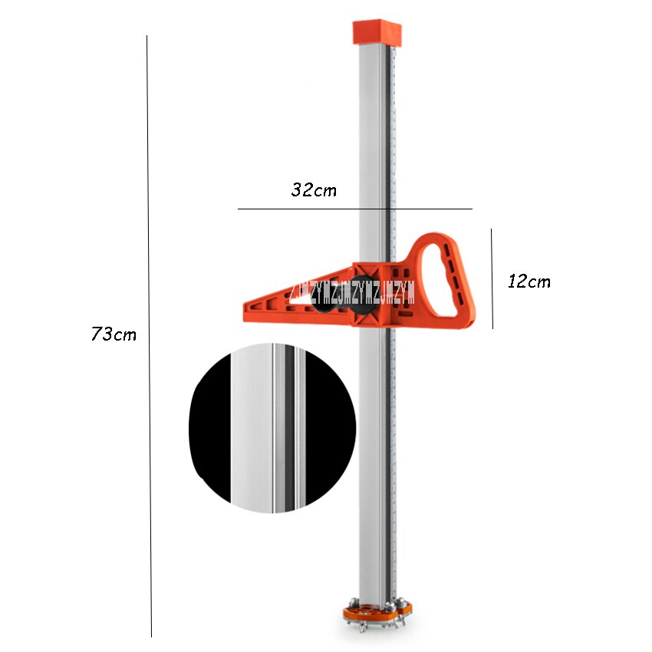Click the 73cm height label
tap(114, 334)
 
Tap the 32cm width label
tap(314, 190)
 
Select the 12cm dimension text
tap(529, 282)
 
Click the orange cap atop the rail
tap(376, 32)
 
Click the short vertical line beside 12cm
tap(492, 278)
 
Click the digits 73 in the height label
tap(102, 334)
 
